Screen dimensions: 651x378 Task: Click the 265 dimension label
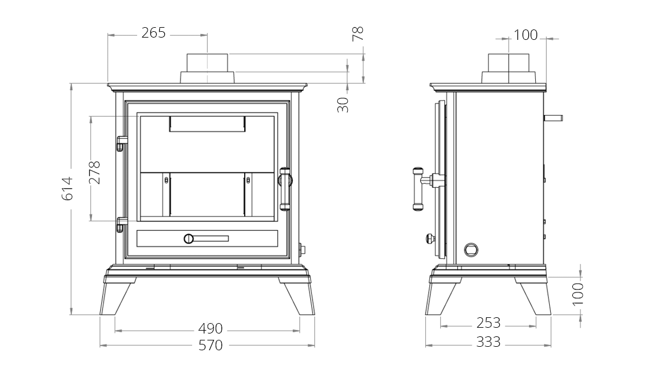tap(153, 33)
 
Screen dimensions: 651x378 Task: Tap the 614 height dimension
tap(67, 188)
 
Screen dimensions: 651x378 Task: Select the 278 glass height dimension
tap(95, 172)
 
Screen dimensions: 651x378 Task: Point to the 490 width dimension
tap(211, 329)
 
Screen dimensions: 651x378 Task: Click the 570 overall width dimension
tap(211, 345)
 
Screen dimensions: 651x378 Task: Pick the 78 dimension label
tap(358, 34)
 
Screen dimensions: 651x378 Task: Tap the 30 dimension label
tap(343, 105)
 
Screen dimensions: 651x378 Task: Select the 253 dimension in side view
tap(488, 323)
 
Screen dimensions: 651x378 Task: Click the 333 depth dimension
tap(488, 342)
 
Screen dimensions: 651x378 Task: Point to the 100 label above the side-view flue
tap(525, 35)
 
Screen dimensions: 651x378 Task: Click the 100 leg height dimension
tap(578, 294)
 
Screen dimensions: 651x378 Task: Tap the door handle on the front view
tap(285, 189)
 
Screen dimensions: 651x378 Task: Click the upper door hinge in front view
tap(122, 143)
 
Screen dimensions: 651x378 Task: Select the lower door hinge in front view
tap(122, 224)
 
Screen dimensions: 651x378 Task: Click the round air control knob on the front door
tap(189, 239)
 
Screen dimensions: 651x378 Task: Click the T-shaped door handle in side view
tap(428, 188)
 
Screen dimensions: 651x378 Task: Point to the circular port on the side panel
tap(471, 250)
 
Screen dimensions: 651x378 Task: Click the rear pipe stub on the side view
tap(554, 118)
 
